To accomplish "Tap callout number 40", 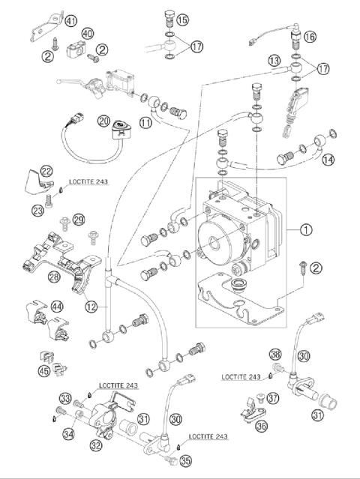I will click(88, 34).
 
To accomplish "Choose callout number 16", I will click(310, 35).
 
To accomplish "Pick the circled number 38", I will click(275, 354).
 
